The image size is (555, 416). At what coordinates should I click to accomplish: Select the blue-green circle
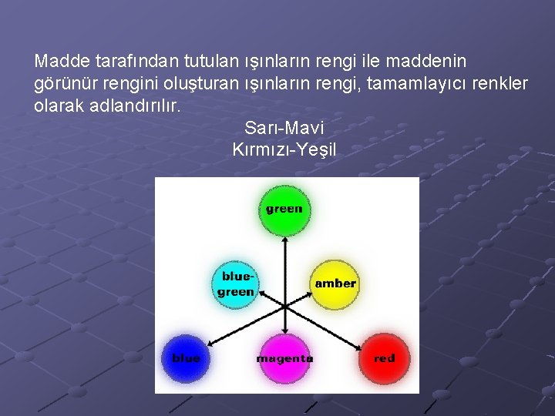pyautogui.click(x=237, y=283)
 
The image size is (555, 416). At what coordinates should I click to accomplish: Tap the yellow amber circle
pyautogui.click(x=335, y=283)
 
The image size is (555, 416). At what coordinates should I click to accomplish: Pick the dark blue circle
pyautogui.click(x=186, y=359)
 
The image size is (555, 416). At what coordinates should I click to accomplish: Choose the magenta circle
pyautogui.click(x=285, y=359)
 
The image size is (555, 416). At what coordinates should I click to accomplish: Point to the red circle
pyautogui.click(x=384, y=359)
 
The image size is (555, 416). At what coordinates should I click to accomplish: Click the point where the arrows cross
pyautogui.click(x=285, y=307)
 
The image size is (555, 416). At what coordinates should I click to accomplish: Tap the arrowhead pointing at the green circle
pyautogui.click(x=284, y=240)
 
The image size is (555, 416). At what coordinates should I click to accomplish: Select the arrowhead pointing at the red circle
pyautogui.click(x=358, y=347)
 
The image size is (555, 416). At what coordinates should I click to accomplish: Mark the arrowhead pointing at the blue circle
pyautogui.click(x=211, y=346)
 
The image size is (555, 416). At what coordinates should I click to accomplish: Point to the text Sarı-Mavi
pyautogui.click(x=284, y=127)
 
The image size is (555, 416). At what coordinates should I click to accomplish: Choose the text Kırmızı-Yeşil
pyautogui.click(x=284, y=149)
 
